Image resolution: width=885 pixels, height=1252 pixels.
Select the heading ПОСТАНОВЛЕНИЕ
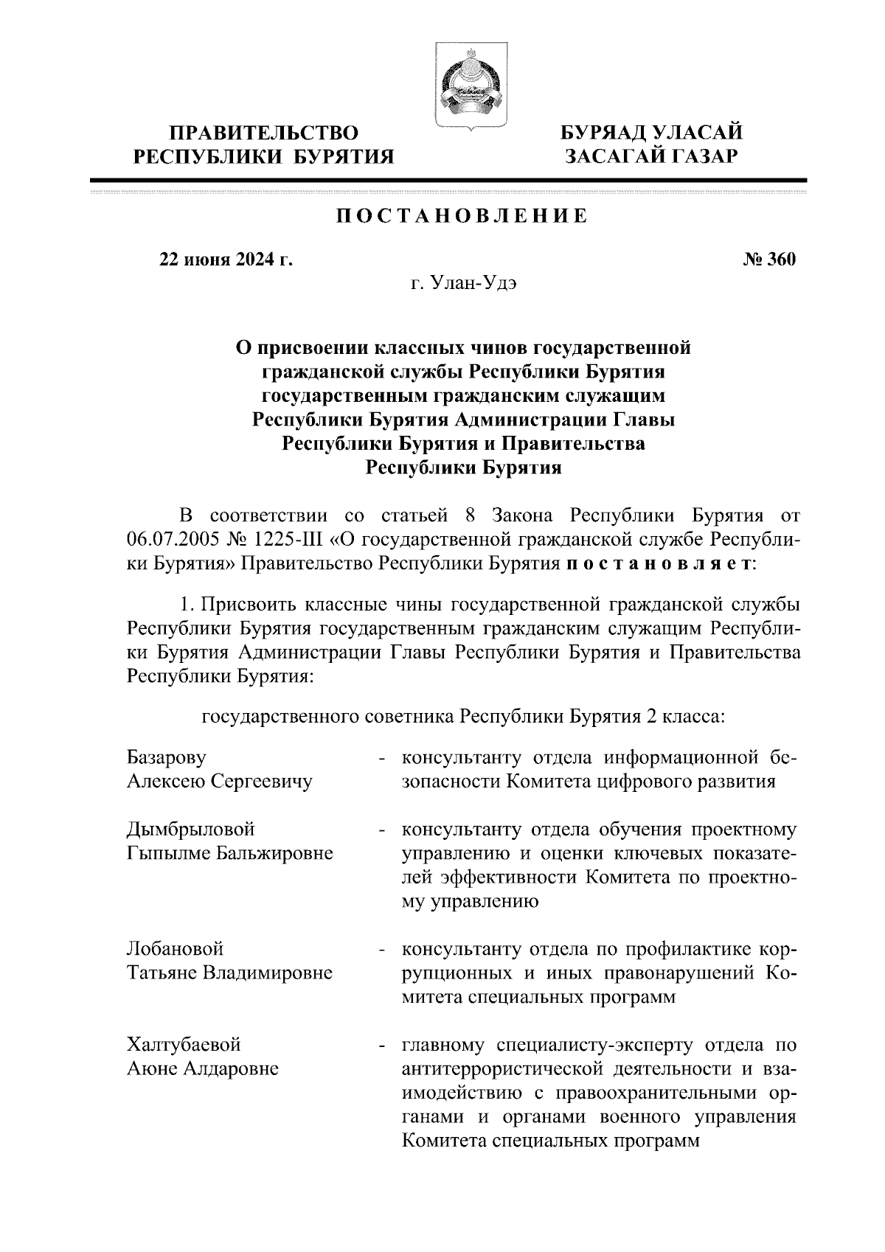pyautogui.click(x=462, y=216)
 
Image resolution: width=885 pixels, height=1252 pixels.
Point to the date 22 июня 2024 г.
pyautogui.click(x=226, y=260)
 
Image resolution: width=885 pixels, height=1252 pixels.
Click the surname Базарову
pyautogui.click(x=167, y=757)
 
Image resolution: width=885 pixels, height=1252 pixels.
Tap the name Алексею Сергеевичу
pyautogui.click(x=219, y=781)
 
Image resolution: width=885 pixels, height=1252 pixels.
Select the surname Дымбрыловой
pyautogui.click(x=191, y=830)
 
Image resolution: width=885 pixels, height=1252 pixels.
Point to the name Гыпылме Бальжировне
pyautogui.click(x=229, y=853)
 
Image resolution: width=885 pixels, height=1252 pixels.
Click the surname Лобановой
pyautogui.click(x=176, y=949)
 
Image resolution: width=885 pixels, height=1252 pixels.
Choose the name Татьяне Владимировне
pyautogui.click(x=229, y=973)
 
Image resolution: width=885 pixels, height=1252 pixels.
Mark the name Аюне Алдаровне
pyautogui.click(x=203, y=1068)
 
